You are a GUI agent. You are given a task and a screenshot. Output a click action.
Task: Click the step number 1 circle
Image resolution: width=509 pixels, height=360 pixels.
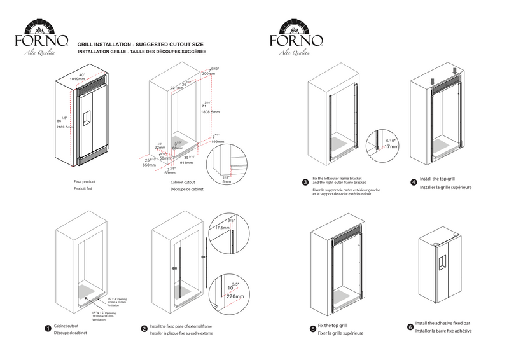pyautogui.click(x=48, y=329)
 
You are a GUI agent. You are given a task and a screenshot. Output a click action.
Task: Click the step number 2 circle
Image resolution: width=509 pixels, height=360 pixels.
pyautogui.click(x=144, y=329)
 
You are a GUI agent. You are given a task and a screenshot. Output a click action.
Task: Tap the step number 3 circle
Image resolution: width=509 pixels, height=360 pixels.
pyautogui.click(x=305, y=182)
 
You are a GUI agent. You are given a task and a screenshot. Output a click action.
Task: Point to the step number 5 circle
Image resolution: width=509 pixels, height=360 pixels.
pyautogui.click(x=306, y=328)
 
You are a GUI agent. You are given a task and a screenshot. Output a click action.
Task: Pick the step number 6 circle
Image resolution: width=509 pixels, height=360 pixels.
pyautogui.click(x=409, y=328)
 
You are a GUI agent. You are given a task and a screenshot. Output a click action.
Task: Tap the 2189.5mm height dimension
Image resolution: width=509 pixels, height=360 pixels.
pyautogui.click(x=65, y=127)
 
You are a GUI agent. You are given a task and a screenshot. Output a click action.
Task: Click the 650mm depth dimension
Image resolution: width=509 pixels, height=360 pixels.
pyautogui.click(x=150, y=165)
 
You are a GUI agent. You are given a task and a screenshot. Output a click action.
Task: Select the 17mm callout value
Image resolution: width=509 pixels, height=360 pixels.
pyautogui.click(x=391, y=147)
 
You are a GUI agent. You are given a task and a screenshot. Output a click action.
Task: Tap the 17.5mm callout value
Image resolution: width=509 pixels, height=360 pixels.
pyautogui.click(x=222, y=227)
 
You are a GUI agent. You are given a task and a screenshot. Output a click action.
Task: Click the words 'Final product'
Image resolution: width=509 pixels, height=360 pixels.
pyautogui.click(x=85, y=181)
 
